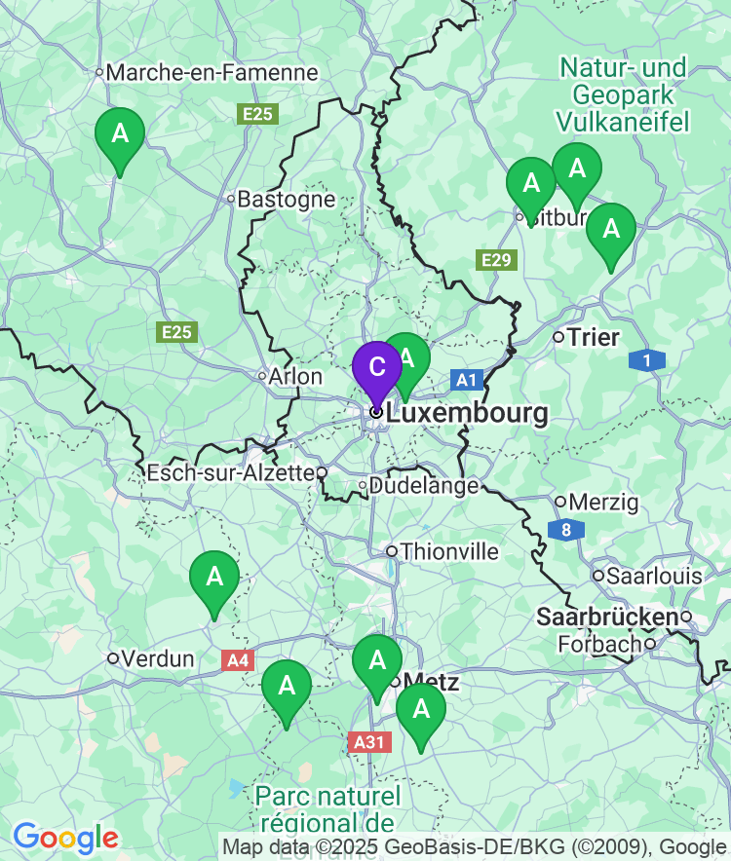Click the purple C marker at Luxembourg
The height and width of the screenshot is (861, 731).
point(376,367)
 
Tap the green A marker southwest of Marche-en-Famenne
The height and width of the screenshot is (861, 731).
point(120,133)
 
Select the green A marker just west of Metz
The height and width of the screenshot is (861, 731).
point(376,660)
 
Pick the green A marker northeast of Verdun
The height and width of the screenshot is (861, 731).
point(213,577)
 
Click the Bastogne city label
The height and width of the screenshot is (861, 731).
point(287,200)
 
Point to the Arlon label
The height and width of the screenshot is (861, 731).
point(296,377)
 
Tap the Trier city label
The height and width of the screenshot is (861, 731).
point(593,338)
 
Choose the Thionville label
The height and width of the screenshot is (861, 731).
point(449,552)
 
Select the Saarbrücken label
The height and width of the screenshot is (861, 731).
point(607,617)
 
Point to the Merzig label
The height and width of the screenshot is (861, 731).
point(603,503)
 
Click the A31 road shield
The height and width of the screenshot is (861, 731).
point(368,742)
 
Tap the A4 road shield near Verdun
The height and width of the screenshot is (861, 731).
point(238,661)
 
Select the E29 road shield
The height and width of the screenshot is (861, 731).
point(495,260)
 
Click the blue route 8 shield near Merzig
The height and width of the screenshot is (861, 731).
point(565,531)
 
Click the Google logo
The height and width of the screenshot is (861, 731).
point(65,838)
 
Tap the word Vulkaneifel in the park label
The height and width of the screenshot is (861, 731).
point(623,122)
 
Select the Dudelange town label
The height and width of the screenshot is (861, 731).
point(425,485)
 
